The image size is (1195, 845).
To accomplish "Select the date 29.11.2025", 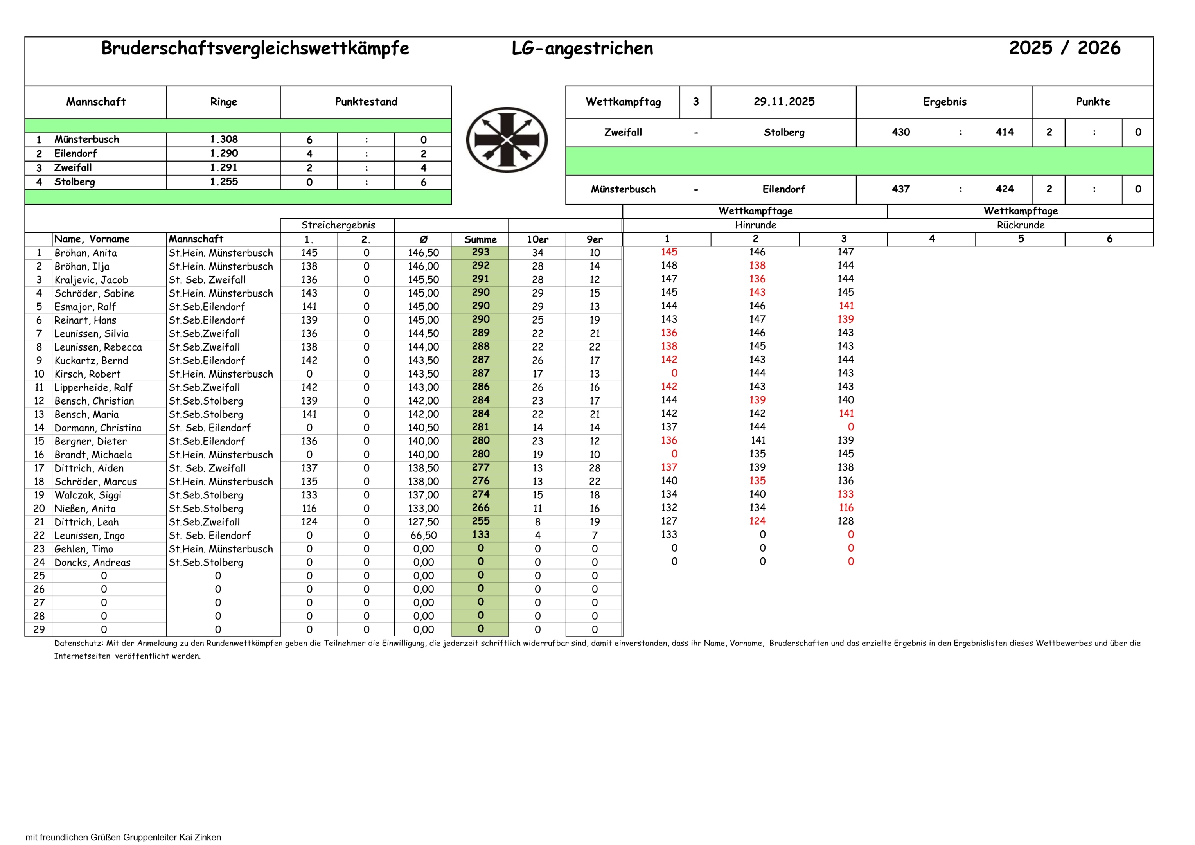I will [x=783, y=102].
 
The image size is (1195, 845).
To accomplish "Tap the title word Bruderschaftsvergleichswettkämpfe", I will [x=255, y=49].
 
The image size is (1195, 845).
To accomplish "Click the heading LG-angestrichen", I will [x=582, y=49].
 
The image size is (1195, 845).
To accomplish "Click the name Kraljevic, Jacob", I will [x=91, y=280].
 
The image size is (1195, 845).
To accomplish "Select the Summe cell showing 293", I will [x=480, y=252].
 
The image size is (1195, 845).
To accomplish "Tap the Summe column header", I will [x=480, y=239].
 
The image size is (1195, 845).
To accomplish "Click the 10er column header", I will [x=537, y=239].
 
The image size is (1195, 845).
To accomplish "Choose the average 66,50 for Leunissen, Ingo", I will [x=423, y=536].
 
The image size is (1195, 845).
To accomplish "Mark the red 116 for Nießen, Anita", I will [x=846, y=508].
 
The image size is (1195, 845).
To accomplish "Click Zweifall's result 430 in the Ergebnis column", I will [x=900, y=132].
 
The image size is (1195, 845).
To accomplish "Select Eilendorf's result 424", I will [x=1004, y=189].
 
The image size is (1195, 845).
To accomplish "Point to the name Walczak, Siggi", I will [x=88, y=495].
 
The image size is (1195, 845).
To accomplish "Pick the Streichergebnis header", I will [x=338, y=225].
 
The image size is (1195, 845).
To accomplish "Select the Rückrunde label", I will [x=1020, y=225].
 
